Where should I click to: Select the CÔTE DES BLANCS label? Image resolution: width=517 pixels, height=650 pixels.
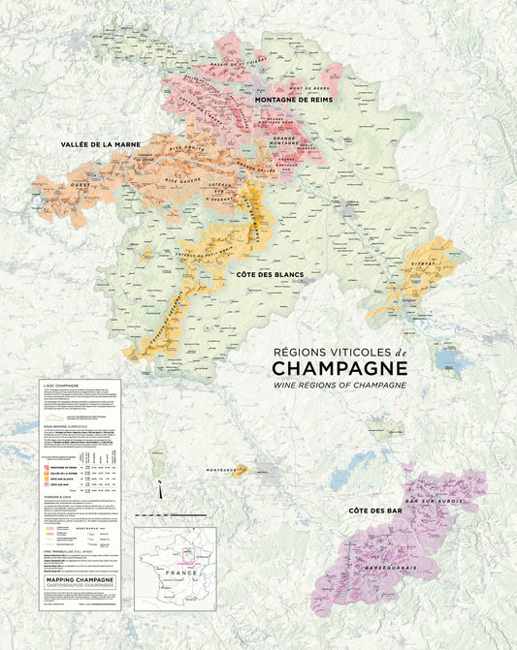tap(269, 275)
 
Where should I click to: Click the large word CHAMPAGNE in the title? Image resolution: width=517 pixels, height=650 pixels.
tap(339, 368)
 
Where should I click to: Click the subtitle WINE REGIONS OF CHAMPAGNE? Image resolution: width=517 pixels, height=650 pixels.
tap(339, 386)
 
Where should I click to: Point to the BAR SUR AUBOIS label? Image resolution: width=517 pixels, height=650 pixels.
tap(447, 503)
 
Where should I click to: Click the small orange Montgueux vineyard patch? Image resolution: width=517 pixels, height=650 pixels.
tap(240, 471)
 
